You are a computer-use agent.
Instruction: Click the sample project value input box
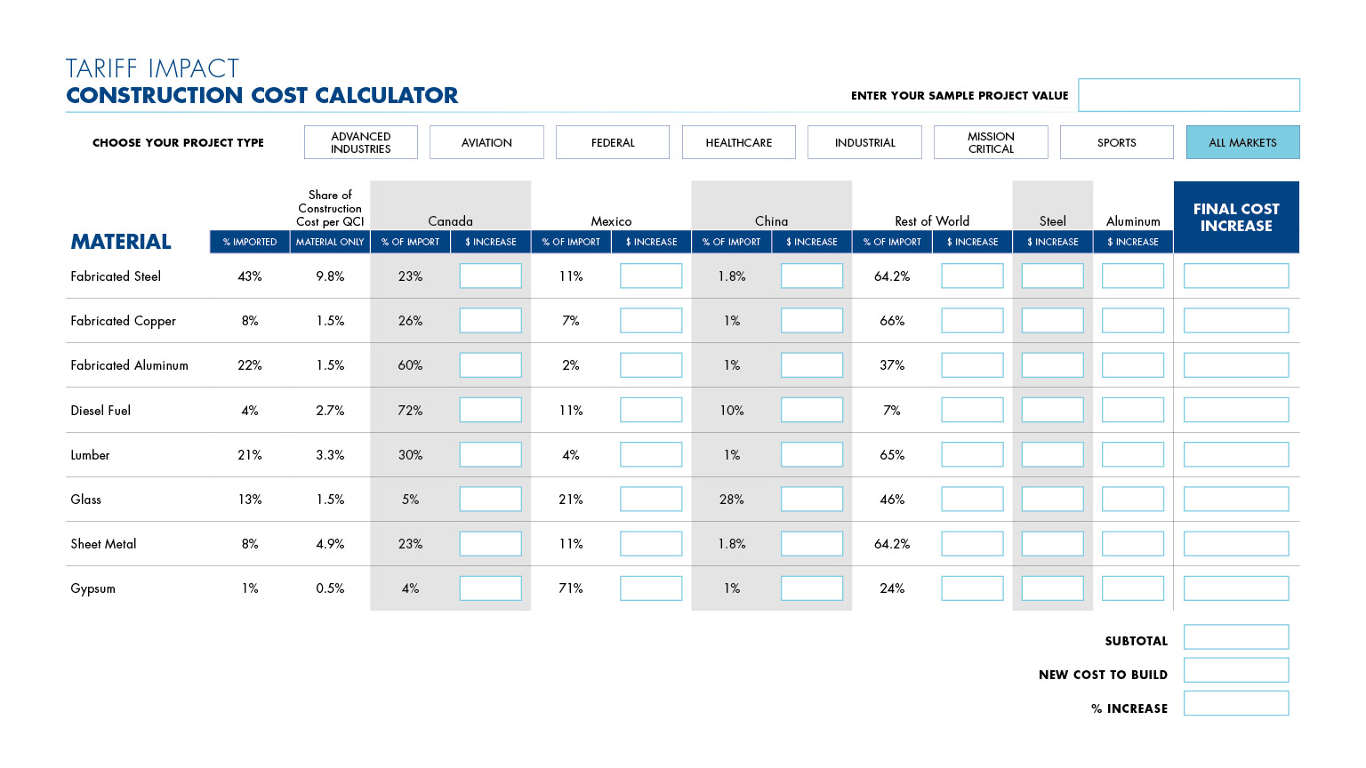(1188, 95)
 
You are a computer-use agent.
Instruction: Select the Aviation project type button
(486, 142)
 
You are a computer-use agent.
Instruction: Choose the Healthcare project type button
(738, 142)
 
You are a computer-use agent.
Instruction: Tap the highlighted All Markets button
(1242, 142)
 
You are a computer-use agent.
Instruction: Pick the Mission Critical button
(991, 142)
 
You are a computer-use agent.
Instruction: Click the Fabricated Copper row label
(124, 321)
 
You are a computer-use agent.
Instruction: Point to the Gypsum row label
(92, 588)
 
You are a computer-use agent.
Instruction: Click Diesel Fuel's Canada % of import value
(410, 410)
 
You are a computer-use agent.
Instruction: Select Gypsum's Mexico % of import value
(571, 588)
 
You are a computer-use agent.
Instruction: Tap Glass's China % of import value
(731, 500)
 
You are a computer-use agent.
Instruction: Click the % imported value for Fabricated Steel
(249, 276)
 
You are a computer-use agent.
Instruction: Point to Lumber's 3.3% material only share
(330, 455)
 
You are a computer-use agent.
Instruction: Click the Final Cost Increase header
(1236, 217)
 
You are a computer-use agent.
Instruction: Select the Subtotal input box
(1236, 637)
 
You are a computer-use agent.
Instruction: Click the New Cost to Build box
(1236, 670)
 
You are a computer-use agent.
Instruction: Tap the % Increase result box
(1236, 703)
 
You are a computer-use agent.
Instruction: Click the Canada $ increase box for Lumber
(490, 455)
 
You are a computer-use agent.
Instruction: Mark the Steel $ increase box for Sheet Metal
(1053, 544)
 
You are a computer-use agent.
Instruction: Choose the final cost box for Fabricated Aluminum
(1236, 365)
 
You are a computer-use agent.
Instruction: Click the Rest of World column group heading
(932, 220)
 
